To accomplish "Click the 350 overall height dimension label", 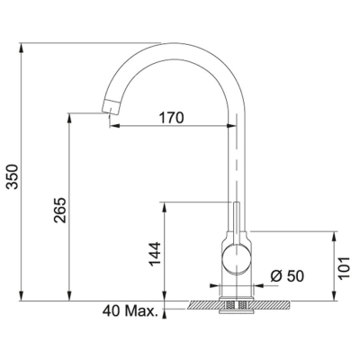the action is pos(13,176).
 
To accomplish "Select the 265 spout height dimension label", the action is pos(60,210).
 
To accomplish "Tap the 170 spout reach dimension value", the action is pos(171,118).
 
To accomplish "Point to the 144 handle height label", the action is pos(156,254).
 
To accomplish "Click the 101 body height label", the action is pos(345,268).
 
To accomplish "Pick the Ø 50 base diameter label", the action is pos(287,276).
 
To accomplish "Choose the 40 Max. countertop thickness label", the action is pos(130,311).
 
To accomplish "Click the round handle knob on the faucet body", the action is pos(237,259).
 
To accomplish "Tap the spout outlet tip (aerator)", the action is pos(110,107).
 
